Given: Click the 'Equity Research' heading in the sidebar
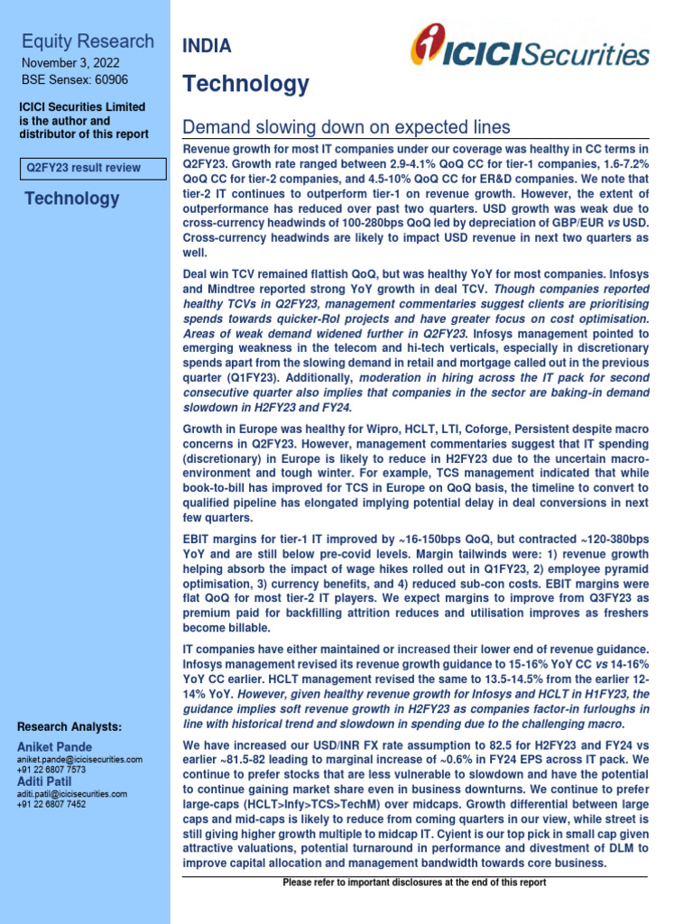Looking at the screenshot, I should tap(88, 41).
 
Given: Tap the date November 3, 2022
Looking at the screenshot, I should tap(69, 62).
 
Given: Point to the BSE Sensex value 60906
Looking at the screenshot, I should tap(120, 79).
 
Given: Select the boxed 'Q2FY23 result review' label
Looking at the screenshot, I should tap(94, 168).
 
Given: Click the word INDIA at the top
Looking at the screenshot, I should tap(207, 46).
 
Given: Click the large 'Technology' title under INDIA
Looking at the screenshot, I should tap(245, 85).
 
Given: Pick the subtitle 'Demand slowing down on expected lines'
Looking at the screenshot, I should tap(346, 126).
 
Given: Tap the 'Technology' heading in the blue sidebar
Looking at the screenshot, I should tap(71, 199).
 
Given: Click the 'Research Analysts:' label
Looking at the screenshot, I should tap(69, 727).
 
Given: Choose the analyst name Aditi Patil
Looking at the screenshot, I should tap(48, 781).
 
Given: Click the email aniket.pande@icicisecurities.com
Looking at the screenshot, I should tap(80, 760).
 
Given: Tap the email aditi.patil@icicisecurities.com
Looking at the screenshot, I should tap(72, 793).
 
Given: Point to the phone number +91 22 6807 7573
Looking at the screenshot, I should tap(52, 771).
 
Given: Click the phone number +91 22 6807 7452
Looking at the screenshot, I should tap(52, 804).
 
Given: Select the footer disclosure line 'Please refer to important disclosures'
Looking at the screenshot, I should tap(414, 882).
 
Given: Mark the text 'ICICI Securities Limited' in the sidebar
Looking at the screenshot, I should tap(82, 107).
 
